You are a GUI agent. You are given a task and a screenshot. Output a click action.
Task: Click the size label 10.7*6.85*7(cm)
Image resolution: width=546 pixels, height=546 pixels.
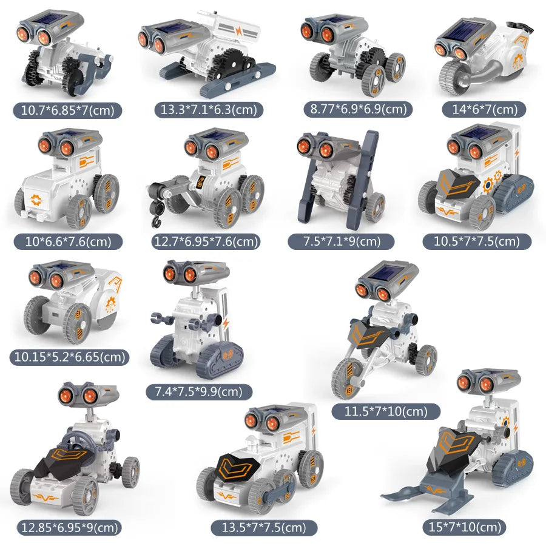coord(69,110)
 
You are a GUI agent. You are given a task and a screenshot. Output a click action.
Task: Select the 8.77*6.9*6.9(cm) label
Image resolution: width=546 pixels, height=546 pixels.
coord(358,109)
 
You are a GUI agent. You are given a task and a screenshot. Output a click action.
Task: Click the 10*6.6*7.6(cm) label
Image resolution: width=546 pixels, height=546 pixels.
coord(67,241)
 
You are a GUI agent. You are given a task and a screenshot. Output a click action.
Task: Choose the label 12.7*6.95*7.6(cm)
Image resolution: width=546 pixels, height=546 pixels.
coord(206,241)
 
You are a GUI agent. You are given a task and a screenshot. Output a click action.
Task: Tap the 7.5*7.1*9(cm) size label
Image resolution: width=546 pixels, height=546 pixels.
coord(342,241)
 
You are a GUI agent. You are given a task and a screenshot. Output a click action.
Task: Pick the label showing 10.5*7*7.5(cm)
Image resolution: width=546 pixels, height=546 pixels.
coord(476,241)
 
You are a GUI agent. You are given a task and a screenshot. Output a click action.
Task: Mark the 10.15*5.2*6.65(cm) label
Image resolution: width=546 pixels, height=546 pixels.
coord(69,357)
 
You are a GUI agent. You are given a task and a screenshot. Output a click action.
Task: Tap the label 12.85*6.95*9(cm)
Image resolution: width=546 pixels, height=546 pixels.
coord(68,527)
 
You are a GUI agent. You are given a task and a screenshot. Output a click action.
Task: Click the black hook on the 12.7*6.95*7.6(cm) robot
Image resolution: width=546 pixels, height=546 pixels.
coord(153,209)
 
